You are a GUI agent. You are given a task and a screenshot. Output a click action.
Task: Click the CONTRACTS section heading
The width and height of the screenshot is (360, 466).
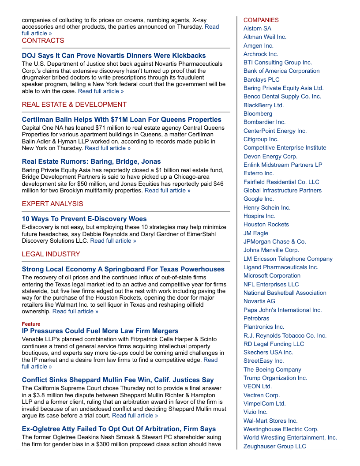pyautogui.click(x=43, y=41)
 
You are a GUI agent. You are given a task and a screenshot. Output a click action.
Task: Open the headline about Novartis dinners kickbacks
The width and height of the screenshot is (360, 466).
pyautogui.click(x=114, y=56)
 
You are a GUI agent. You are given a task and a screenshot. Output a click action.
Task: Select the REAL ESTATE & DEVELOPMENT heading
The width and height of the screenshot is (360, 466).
pyautogui.click(x=74, y=105)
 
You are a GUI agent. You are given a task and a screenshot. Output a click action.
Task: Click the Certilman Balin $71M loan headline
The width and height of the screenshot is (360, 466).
pyautogui.click(x=122, y=120)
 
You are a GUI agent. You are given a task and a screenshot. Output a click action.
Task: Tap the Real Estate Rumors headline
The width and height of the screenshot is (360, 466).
pyautogui.click(x=91, y=162)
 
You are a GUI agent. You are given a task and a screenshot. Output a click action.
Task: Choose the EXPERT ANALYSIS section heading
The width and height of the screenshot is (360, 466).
pyautogui.click(x=52, y=204)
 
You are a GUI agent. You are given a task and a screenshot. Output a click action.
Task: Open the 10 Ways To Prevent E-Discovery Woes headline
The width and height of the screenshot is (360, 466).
pyautogui.click(x=84, y=219)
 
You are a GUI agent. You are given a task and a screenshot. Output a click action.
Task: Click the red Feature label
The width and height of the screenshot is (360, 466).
pyautogui.click(x=31, y=324)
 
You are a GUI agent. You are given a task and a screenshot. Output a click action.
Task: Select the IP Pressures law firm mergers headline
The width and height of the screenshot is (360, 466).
pyautogui.click(x=100, y=331)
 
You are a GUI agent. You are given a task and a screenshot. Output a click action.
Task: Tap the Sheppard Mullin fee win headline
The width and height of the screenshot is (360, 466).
pyautogui.click(x=118, y=380)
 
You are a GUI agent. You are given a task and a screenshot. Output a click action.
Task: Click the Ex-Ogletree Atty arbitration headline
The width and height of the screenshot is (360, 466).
pyautogui.click(x=119, y=429)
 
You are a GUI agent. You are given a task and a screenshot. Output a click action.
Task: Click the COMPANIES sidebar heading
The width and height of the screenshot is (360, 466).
pyautogui.click(x=261, y=20)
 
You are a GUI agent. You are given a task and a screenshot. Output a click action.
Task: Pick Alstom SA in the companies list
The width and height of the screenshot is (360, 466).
pyautogui.click(x=257, y=29)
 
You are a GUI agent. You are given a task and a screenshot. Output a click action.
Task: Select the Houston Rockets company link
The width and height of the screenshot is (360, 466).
pyautogui.click(x=266, y=225)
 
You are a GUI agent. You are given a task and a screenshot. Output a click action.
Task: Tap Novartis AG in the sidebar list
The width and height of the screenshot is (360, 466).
pyautogui.click(x=259, y=301)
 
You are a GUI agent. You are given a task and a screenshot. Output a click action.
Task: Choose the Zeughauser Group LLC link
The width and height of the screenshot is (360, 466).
pyautogui.click(x=274, y=446)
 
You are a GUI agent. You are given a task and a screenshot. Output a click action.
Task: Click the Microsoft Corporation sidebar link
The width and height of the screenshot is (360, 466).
pyautogui.click(x=272, y=276)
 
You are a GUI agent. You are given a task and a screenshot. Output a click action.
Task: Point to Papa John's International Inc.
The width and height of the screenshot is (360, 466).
pyautogui.click(x=282, y=310)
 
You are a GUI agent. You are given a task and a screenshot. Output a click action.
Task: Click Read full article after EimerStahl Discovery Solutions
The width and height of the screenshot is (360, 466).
pyautogui.click(x=113, y=241)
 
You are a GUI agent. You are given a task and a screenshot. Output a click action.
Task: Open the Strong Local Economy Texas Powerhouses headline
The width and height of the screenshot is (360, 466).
pyautogui.click(x=123, y=269)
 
